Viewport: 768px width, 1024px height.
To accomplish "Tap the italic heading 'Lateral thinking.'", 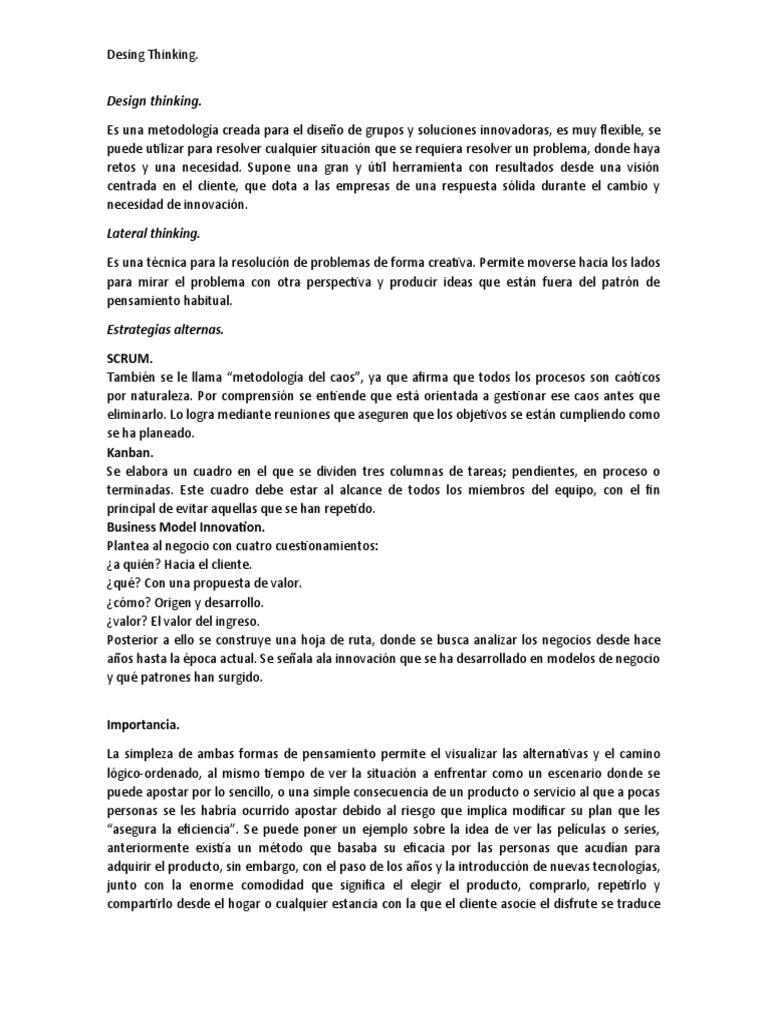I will coord(153,233).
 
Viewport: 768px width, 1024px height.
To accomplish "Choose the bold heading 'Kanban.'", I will coord(129,451).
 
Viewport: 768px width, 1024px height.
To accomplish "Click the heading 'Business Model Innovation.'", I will coord(187,527).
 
